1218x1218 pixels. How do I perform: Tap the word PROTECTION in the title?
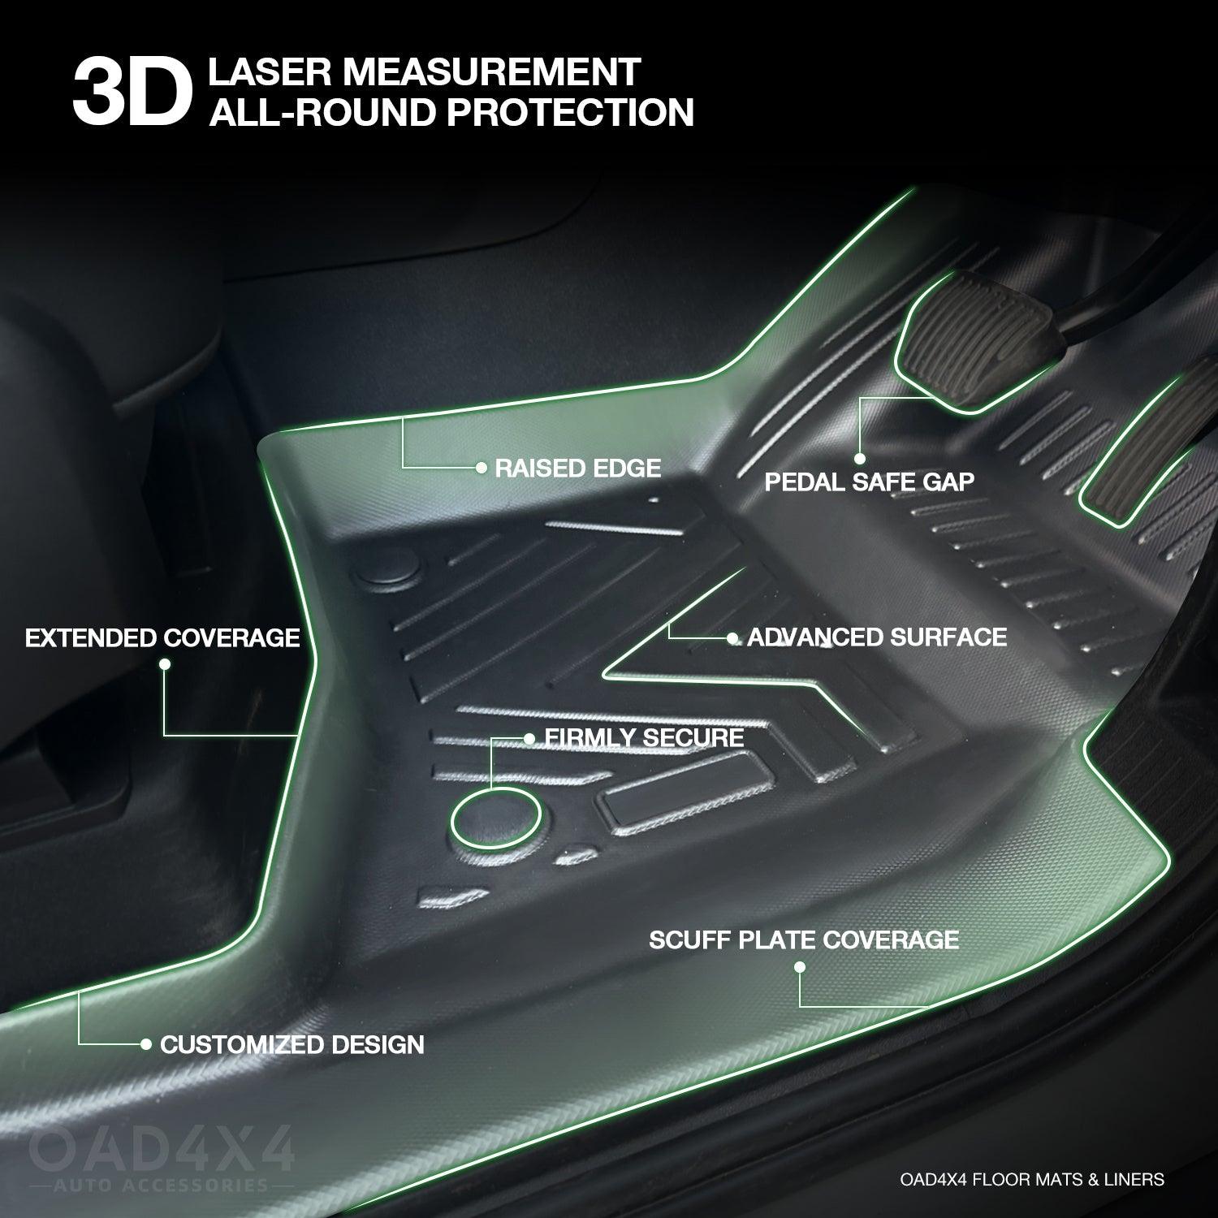(570, 112)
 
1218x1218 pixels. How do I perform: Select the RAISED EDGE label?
(578, 468)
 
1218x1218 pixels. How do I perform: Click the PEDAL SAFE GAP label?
(870, 482)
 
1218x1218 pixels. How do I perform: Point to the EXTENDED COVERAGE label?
(162, 638)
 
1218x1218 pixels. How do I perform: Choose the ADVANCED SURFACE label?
(877, 637)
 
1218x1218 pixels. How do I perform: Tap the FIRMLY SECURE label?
(645, 738)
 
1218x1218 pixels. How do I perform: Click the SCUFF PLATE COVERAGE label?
(804, 940)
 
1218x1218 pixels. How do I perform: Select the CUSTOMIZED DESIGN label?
(292, 1045)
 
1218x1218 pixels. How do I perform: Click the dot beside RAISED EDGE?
(481, 468)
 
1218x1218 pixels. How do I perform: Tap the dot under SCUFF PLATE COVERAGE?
(800, 967)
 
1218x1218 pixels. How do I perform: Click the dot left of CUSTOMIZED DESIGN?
(146, 1044)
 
